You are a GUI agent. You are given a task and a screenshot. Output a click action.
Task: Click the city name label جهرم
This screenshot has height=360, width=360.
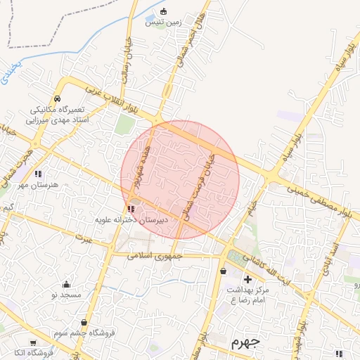coord(245,343)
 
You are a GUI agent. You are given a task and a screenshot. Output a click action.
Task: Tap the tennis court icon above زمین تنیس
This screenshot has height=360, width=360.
coord(165,11)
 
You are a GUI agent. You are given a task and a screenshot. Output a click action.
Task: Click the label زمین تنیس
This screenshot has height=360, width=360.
coord(164,22)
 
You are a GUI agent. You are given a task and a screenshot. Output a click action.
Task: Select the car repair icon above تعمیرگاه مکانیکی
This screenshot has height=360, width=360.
coord(57,99)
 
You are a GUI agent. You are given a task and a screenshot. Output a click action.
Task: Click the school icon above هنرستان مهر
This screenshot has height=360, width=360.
coord(38,173)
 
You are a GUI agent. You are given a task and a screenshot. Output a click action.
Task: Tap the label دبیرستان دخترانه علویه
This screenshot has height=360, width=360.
coord(133,220)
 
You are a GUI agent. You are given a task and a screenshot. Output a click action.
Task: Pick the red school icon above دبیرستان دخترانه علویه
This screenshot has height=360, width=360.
coord(131,209)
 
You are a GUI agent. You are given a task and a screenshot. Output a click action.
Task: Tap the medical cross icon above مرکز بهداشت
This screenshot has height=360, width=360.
coord(247,279)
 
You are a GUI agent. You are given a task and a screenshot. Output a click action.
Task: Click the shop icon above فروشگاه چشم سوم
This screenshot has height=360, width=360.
coord(84,323)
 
